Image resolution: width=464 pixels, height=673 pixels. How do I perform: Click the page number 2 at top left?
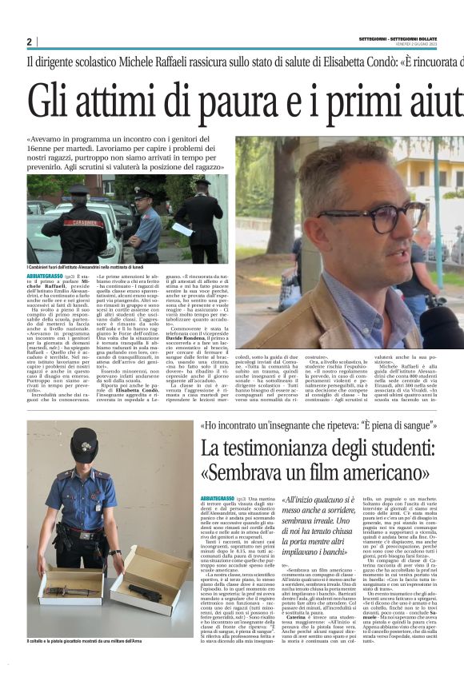click(x=29, y=42)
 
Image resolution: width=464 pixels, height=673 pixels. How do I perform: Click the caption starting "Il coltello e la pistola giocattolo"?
click(x=81, y=663)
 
